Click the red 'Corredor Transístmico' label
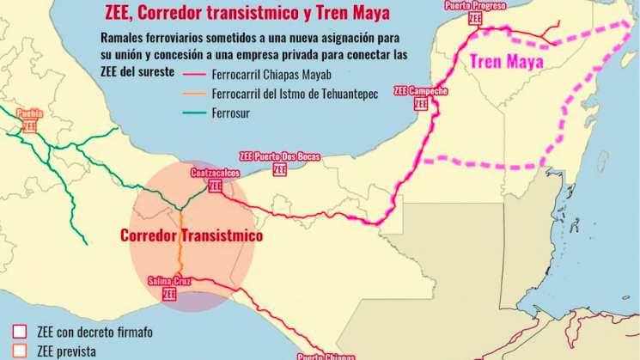[x=192, y=235]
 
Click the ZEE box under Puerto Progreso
[x=476, y=18]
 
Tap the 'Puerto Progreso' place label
[x=476, y=7]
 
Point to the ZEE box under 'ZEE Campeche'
[x=421, y=103]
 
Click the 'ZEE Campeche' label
[x=421, y=90]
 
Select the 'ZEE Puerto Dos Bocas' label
[x=279, y=156]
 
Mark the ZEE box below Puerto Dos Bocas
[x=279, y=169]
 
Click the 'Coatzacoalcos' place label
[x=214, y=173]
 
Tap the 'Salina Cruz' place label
[x=169, y=281]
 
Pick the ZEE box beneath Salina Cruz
[x=169, y=294]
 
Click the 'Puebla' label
[x=30, y=113]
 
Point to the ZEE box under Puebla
[x=30, y=125]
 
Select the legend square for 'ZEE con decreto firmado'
[x=20, y=332]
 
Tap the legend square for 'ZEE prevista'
[x=20, y=351]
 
